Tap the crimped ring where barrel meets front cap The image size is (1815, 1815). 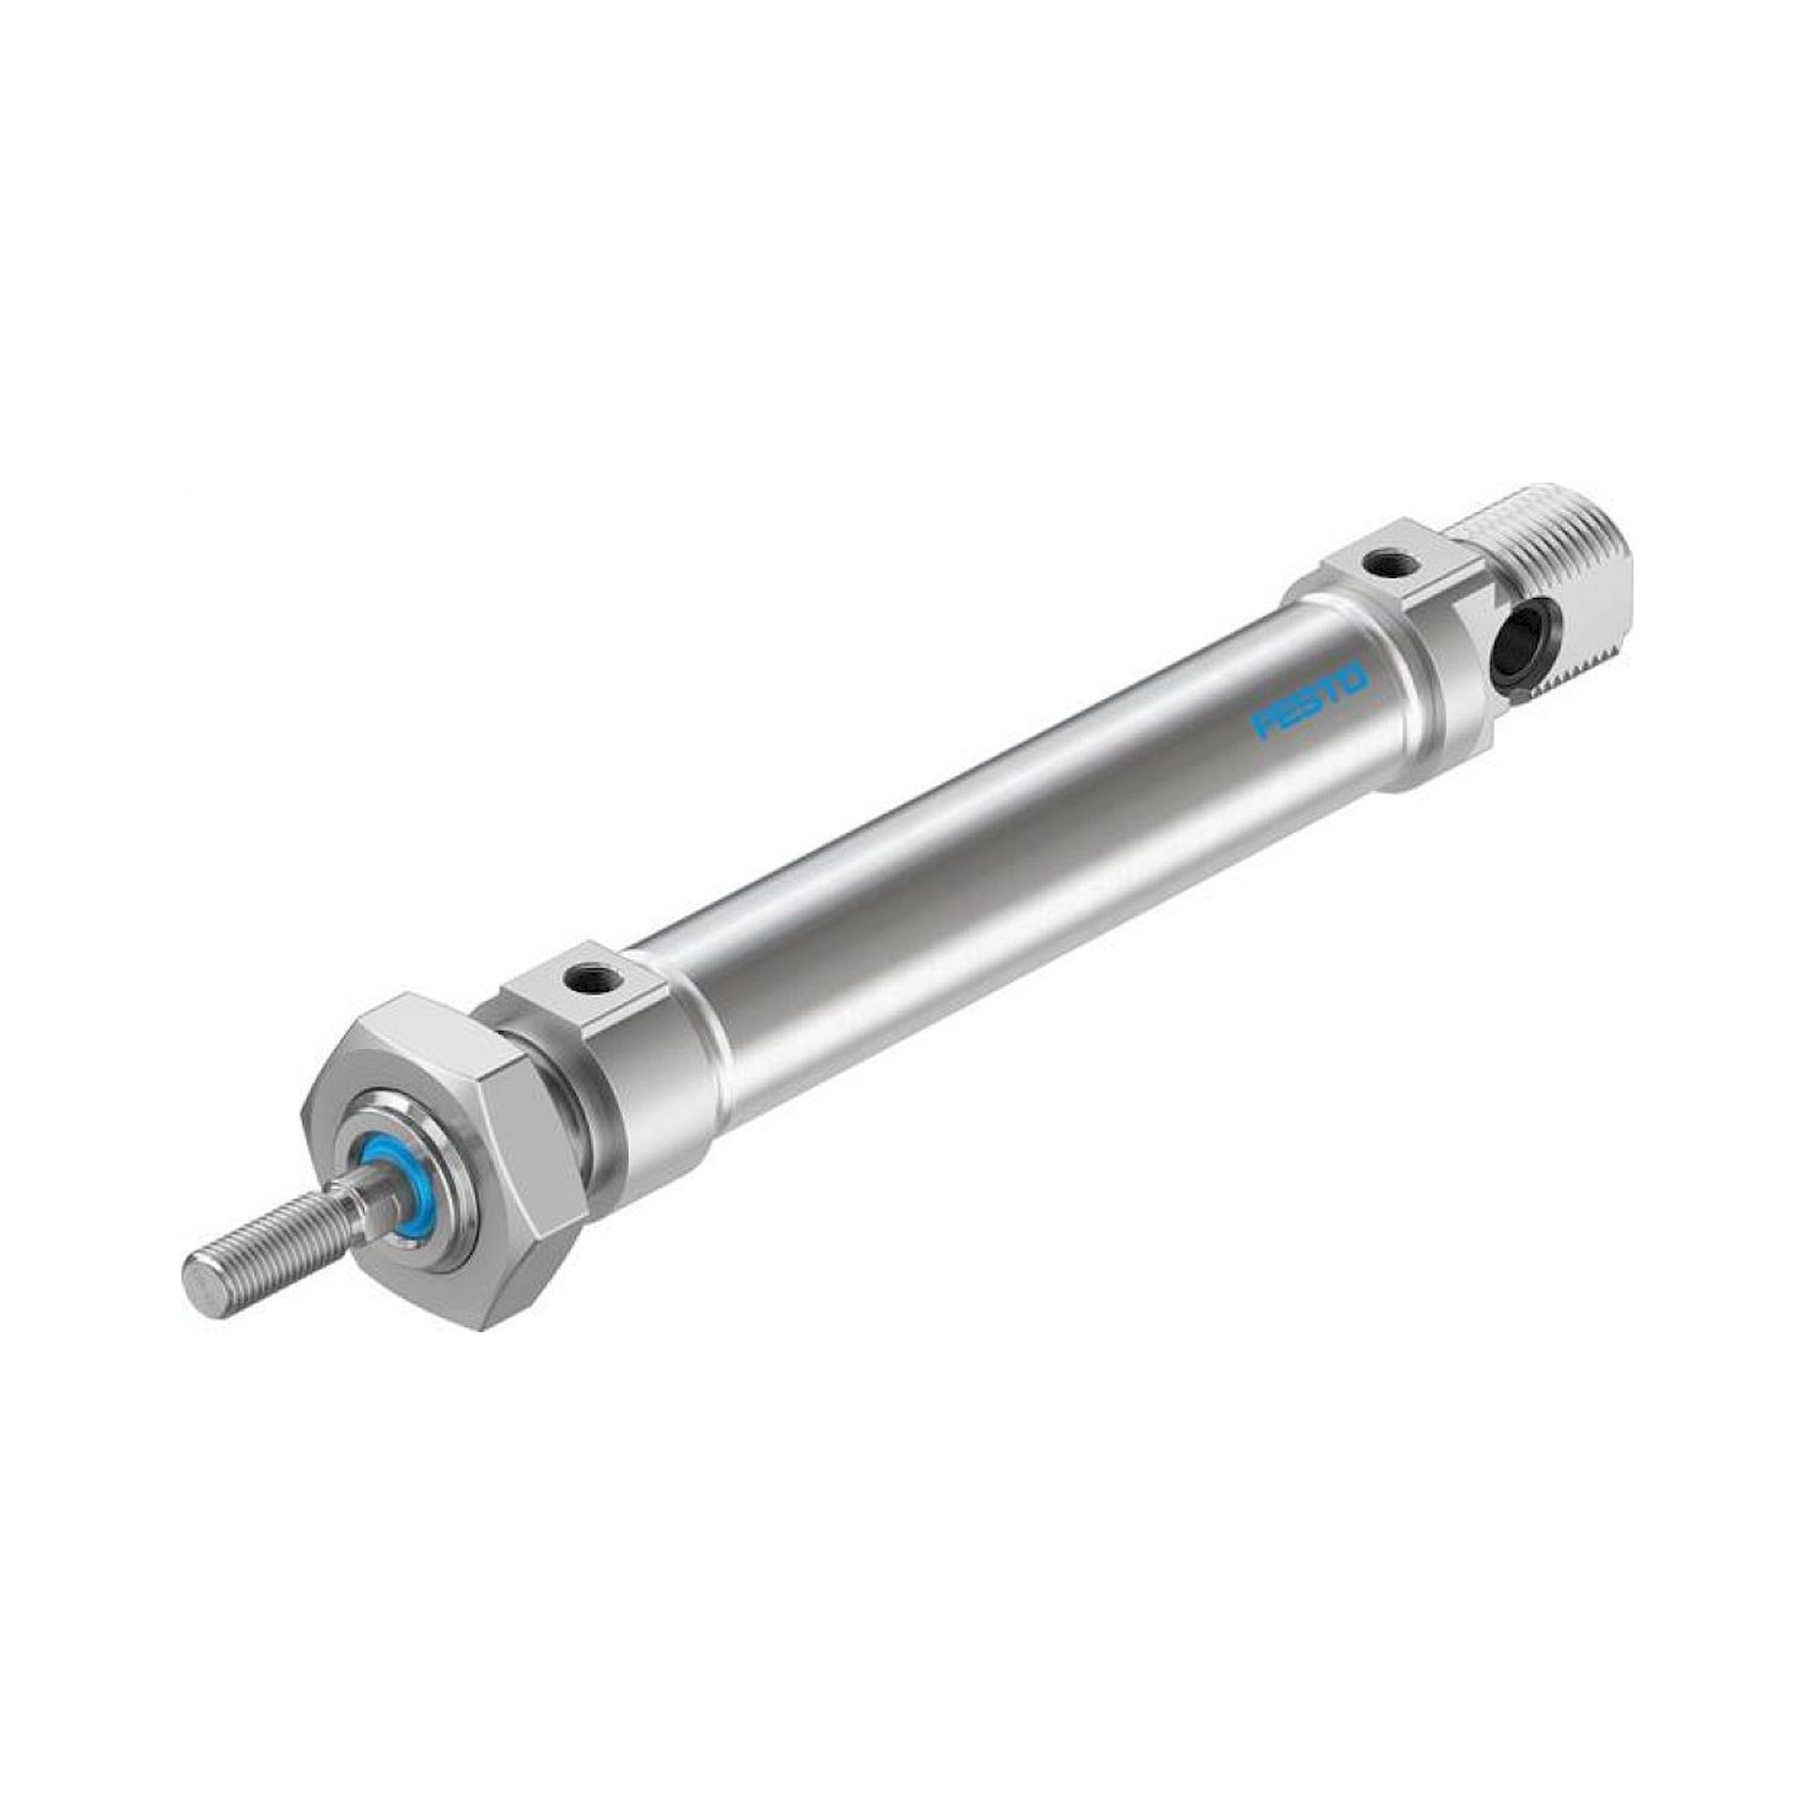[710, 1043]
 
